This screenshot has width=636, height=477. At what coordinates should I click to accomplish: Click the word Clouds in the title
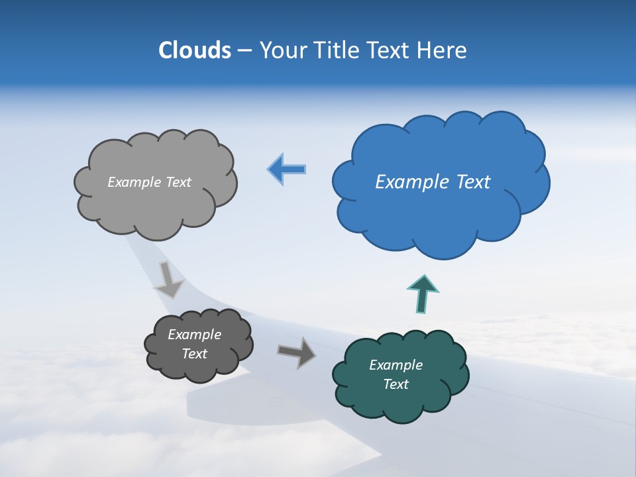click(x=194, y=50)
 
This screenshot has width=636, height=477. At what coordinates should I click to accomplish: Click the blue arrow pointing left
click(x=287, y=170)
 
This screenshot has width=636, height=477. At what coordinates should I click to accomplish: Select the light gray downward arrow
click(x=170, y=279)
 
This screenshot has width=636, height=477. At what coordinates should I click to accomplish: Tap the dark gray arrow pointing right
click(x=296, y=352)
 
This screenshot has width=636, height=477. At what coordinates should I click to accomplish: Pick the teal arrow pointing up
click(x=423, y=293)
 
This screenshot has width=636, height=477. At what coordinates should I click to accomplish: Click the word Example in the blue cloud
click(x=409, y=182)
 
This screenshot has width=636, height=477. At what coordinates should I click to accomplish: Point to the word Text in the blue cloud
click(x=470, y=182)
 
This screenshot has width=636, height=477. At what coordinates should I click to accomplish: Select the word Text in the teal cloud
click(x=396, y=384)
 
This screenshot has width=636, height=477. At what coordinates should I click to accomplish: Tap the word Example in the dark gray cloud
click(x=194, y=335)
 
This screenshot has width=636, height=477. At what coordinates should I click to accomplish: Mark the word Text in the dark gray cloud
click(x=194, y=354)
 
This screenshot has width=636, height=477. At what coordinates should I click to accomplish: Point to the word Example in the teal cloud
click(x=396, y=365)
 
